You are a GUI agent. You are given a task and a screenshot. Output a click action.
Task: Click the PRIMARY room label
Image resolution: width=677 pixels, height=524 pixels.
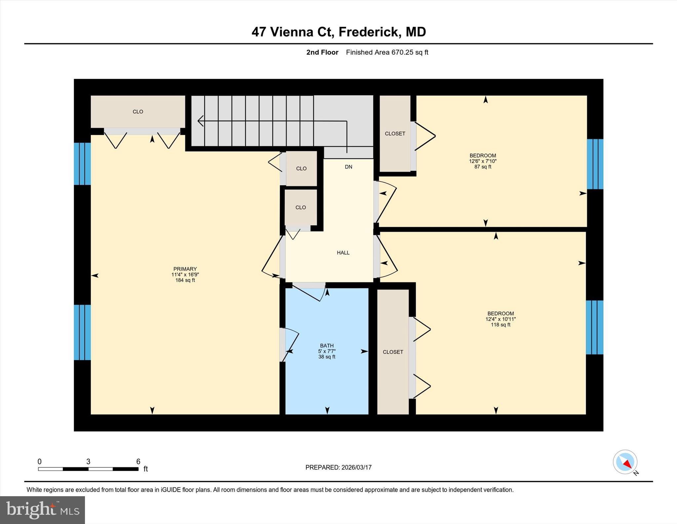[185, 269]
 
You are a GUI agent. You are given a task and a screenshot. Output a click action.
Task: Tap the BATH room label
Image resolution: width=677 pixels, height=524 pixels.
[327, 346]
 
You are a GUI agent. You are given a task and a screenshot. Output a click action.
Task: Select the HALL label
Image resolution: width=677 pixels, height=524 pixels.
[343, 253]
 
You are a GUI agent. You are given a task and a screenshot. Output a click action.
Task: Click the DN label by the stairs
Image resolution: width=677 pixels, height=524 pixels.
[348, 167]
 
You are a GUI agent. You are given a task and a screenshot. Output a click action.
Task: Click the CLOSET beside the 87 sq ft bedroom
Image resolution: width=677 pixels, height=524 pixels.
[395, 133]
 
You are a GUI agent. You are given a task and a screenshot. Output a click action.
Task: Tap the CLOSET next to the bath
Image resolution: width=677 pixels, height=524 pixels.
[393, 352]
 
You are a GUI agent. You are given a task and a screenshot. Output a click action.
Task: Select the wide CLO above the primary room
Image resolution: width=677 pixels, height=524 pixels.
[138, 112]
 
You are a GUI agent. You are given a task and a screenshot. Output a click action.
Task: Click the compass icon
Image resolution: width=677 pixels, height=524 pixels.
[625, 462]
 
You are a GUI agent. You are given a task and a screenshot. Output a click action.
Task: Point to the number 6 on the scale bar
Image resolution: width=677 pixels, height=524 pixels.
[138, 461]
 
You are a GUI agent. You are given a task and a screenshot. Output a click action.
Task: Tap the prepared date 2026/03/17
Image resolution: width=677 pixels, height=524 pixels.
[356, 467]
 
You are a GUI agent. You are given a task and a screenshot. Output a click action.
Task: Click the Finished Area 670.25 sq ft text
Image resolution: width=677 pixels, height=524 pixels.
[387, 52]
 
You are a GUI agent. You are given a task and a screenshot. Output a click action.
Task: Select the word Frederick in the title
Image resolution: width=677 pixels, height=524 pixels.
[368, 32]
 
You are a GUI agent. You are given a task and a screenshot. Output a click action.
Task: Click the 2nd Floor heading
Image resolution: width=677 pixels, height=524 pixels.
[322, 52]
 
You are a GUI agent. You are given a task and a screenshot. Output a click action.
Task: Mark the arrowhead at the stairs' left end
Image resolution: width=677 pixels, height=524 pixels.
[200, 121]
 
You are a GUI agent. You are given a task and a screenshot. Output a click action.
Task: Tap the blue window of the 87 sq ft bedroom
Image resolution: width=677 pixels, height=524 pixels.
[595, 164]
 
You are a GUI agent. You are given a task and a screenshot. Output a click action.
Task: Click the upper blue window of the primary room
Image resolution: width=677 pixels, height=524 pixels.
[82, 164]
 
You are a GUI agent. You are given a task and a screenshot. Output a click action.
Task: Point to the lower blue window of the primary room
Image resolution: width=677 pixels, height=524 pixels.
[82, 332]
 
